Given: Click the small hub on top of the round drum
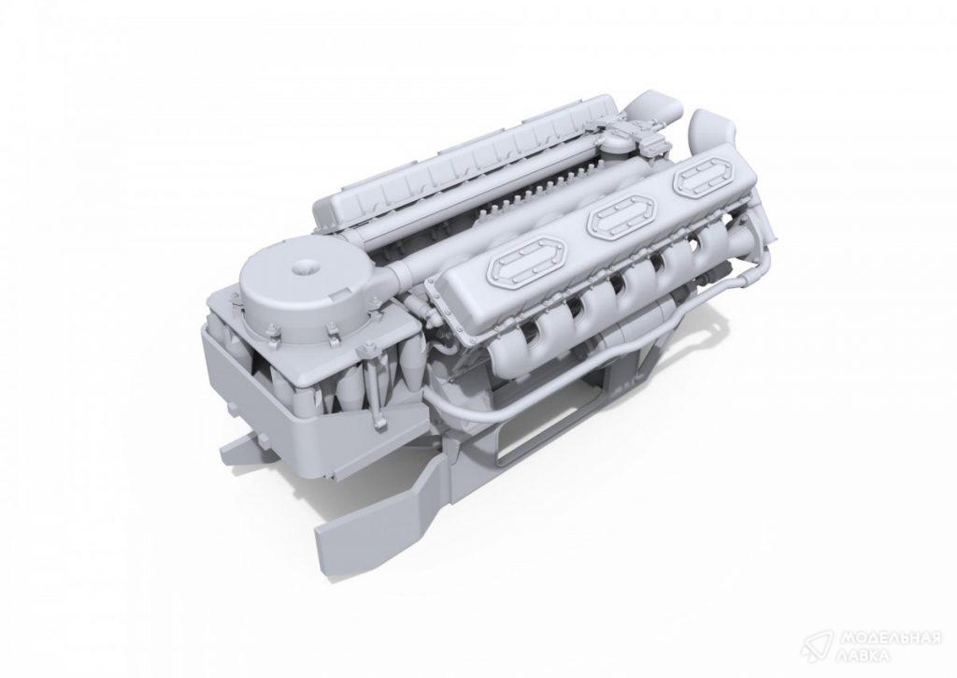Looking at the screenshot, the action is click(304, 267).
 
